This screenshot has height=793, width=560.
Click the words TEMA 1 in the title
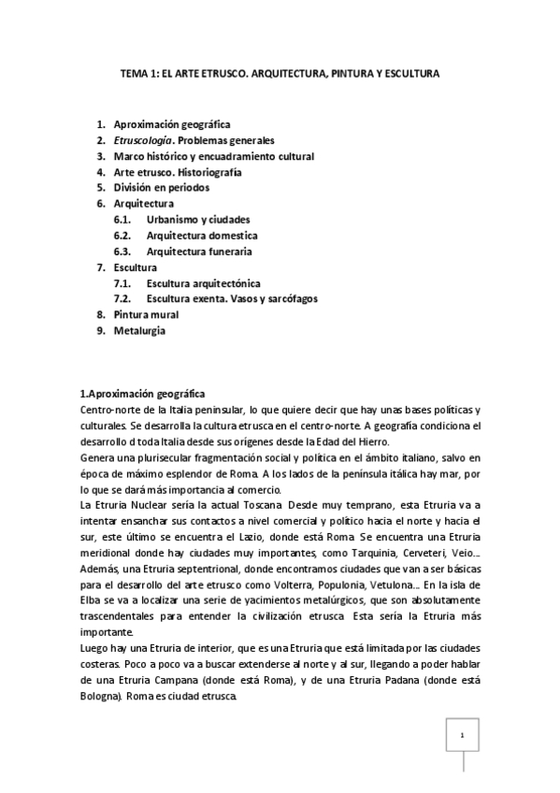(140, 72)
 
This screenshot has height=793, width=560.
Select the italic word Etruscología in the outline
(142, 139)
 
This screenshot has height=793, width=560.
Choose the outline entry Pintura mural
(146, 314)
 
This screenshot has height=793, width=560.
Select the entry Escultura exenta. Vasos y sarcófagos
(232, 298)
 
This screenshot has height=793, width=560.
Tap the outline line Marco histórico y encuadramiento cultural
(213, 155)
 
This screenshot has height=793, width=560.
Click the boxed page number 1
(462, 735)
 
